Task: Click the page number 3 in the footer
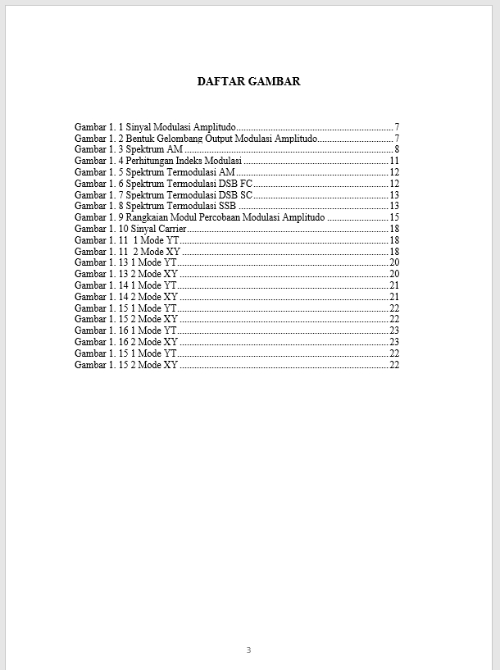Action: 248,649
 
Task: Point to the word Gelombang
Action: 180,139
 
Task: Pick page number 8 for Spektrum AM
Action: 397,149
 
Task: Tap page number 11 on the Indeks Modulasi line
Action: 394,161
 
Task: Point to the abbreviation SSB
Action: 227,206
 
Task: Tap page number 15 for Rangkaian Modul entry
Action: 394,217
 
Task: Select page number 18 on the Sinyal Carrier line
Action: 394,229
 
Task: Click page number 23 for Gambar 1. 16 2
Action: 394,342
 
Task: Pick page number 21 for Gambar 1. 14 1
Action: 394,285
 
